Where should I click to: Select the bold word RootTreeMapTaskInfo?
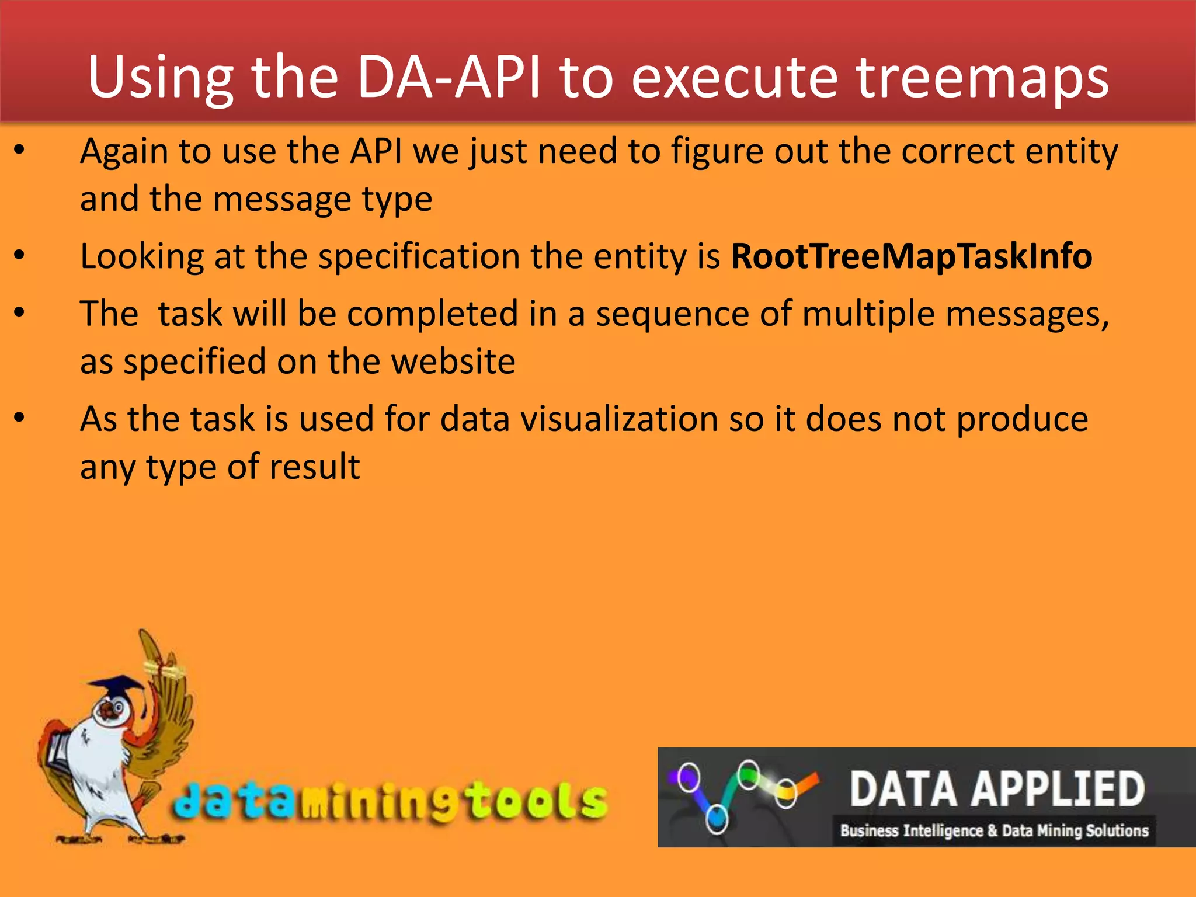pos(911,256)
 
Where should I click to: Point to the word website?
pos(453,361)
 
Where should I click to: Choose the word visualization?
pos(619,419)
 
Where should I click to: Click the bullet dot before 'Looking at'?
pos(20,255)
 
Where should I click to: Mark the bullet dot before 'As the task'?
pos(20,418)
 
